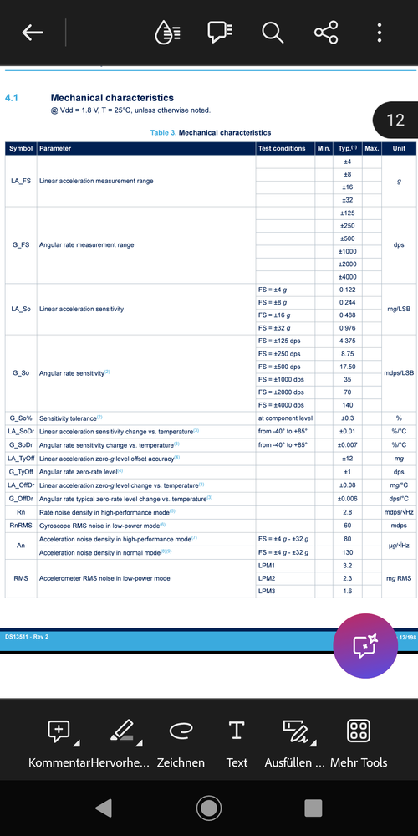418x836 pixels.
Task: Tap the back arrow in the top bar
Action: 33,33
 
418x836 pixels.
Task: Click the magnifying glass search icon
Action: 273,33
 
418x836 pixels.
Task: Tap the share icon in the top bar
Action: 326,33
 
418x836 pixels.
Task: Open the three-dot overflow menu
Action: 380,33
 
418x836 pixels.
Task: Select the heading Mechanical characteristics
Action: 112,98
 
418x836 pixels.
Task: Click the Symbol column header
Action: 21,148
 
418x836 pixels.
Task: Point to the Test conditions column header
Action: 283,148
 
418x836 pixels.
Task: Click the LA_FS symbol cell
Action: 21,181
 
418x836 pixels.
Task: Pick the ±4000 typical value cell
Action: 347,277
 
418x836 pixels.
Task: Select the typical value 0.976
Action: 347,328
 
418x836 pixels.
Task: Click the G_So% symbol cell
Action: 21,418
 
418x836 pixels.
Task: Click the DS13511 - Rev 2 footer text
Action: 27,637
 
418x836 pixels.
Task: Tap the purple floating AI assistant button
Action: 365,646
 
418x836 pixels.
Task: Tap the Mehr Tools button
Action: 359,741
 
